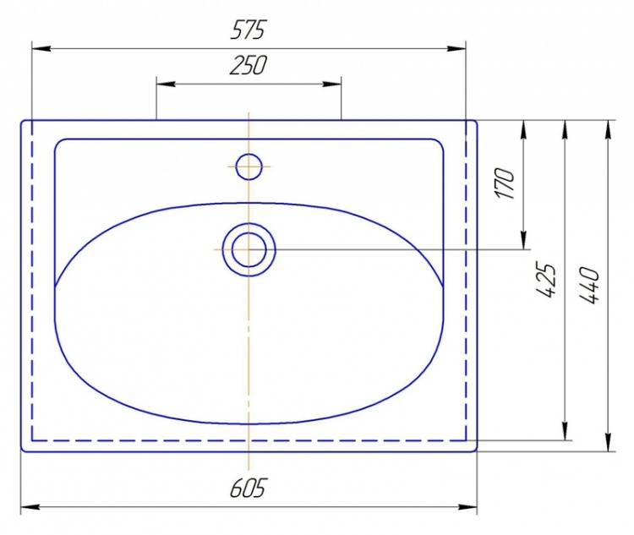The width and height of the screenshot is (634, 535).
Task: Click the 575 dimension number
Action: [x=249, y=30]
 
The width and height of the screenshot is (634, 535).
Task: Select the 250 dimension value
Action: [x=249, y=66]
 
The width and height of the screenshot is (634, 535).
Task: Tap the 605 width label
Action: [x=249, y=488]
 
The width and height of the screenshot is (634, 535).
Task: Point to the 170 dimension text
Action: [x=506, y=183]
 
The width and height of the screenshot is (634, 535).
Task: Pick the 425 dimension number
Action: [x=547, y=281]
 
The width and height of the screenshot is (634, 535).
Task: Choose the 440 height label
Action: [x=588, y=286]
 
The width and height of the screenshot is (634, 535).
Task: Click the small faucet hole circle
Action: [x=249, y=167]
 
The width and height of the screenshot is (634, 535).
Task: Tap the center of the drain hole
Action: [x=249, y=250]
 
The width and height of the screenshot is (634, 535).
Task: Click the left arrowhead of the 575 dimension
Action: [x=41, y=48]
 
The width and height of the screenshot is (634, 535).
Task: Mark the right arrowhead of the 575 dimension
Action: [x=456, y=48]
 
